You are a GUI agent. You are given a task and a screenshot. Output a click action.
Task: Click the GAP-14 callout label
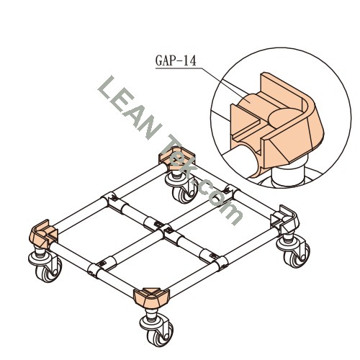176,60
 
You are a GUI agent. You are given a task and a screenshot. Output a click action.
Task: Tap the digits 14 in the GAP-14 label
189,60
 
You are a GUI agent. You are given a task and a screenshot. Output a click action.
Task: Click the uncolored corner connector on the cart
285,219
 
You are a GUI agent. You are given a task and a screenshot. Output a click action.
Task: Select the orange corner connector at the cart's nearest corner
151,297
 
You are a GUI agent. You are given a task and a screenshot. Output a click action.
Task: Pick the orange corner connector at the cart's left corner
42,234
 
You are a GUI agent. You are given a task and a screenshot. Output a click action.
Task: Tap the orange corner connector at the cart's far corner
177,159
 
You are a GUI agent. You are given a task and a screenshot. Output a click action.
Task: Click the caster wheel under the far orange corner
182,188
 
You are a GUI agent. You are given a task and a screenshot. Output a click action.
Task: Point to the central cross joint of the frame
161,227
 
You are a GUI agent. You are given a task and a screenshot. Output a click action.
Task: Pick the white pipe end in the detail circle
243,160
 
